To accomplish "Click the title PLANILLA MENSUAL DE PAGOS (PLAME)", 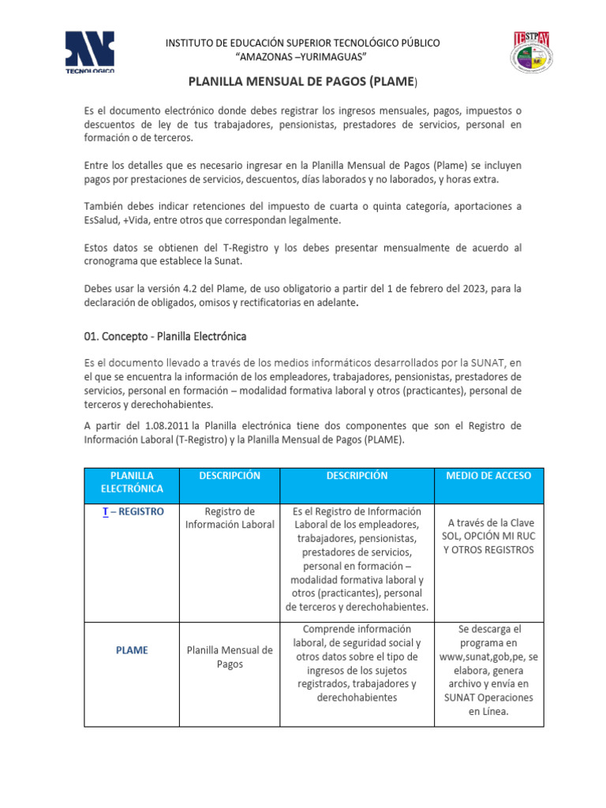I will [x=303, y=82].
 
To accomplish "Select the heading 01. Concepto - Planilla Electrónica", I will [x=165, y=336].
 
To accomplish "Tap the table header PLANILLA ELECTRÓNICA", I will [x=132, y=482].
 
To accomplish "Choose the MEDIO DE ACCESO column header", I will [x=488, y=476].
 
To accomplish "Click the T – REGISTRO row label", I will [x=132, y=511].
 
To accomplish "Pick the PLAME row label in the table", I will [x=132, y=650].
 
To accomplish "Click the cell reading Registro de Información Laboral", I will [x=229, y=518].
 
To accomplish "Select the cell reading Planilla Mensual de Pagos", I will [x=229, y=657].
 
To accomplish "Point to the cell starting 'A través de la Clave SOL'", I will [x=488, y=536].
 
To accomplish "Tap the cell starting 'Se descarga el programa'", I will [x=488, y=670].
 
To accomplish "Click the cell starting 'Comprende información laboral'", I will [x=357, y=663].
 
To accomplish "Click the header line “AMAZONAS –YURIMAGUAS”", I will [x=302, y=57].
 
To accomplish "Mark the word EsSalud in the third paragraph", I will [x=104, y=220].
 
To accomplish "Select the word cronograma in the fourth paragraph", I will [x=114, y=262].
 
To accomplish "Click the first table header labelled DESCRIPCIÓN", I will [x=229, y=476].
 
